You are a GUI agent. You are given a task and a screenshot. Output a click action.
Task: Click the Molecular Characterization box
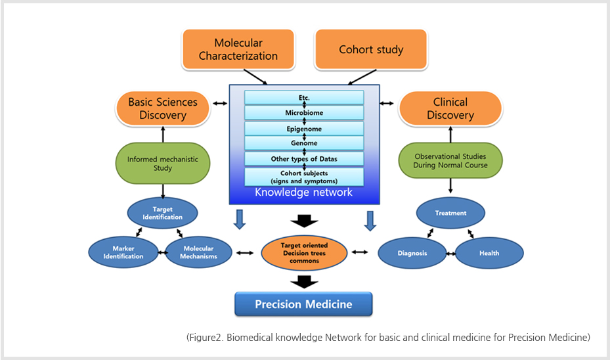238,49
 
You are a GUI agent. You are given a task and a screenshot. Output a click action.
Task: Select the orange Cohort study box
370,49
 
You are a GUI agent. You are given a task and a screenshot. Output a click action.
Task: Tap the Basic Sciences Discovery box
162,108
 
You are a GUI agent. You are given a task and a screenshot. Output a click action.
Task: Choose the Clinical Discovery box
450,108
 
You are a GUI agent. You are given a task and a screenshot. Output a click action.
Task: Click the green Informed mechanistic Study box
162,163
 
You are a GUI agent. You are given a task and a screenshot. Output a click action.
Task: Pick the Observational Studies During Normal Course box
450,161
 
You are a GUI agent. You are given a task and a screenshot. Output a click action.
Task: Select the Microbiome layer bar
304,113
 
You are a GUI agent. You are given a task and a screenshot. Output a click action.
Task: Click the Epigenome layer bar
304,129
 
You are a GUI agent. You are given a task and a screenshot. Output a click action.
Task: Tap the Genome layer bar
304,143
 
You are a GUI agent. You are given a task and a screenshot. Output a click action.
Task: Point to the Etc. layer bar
304,97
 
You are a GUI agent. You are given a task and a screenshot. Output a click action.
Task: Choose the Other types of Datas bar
304,159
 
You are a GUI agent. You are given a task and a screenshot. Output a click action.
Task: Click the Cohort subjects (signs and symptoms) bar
304,177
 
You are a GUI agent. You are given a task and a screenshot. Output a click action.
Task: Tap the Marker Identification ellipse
124,252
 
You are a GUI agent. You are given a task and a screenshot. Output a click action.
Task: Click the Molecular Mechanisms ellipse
198,252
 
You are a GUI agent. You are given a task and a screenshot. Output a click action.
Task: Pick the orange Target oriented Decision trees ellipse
304,253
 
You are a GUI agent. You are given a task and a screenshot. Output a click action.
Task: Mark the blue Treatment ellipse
450,213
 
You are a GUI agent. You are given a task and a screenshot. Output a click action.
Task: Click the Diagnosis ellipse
412,253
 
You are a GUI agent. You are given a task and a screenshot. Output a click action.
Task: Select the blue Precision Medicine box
303,304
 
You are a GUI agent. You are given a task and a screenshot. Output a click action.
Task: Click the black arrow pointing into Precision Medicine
303,282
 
